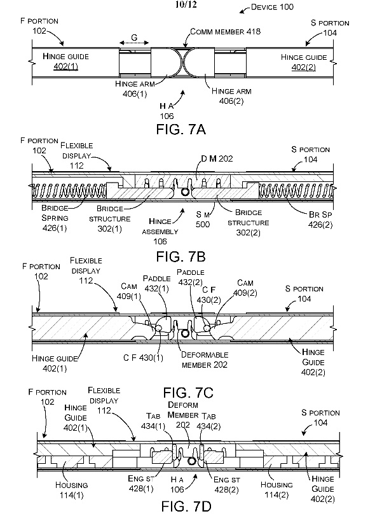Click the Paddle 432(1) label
click(156, 282)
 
